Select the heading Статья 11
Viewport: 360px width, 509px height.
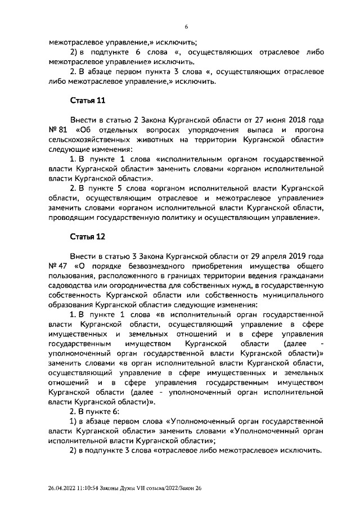[84, 101]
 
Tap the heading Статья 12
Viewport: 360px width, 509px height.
[84, 236]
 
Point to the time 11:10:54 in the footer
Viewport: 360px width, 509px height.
[92, 488]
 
